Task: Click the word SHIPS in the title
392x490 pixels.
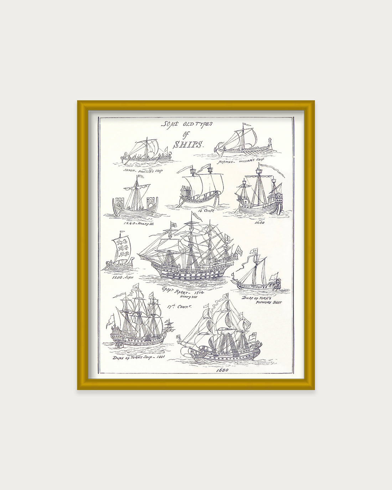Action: pyautogui.click(x=188, y=144)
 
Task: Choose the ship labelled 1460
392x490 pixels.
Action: pyautogui.click(x=259, y=194)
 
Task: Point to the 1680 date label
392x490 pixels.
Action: pyautogui.click(x=222, y=370)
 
